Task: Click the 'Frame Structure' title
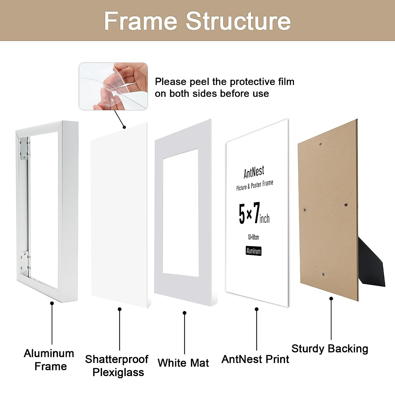pos(197,21)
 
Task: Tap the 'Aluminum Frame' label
pos(49,360)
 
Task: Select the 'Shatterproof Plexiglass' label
pos(117,366)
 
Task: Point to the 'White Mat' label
pos(183,363)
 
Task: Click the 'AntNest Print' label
pos(255,359)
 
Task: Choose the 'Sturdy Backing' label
pos(329,349)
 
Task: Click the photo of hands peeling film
pos(113,86)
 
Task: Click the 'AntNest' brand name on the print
pos(254,172)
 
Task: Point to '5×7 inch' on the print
pos(254,214)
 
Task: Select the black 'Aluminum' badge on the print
pos(253,251)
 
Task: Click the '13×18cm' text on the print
pos(253,237)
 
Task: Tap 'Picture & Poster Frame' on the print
pos(254,185)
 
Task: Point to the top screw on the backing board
pos(320,144)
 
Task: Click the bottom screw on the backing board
pos(323,274)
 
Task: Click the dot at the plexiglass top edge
pos(124,127)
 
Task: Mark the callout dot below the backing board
pos(331,299)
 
